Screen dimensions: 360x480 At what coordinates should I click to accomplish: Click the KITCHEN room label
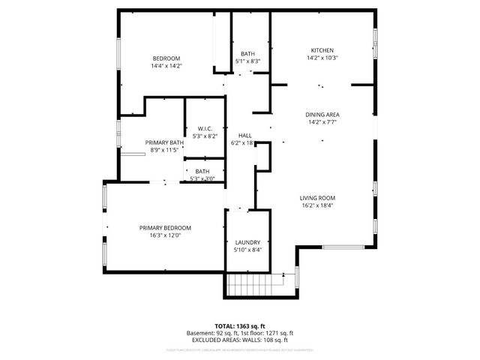coord(322,50)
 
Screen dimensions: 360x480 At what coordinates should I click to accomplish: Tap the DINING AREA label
coord(322,115)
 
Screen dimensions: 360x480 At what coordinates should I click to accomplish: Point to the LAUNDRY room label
coord(247,242)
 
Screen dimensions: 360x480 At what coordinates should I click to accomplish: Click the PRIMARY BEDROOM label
coord(165,228)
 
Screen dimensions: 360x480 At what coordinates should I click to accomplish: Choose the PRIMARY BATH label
coord(164,142)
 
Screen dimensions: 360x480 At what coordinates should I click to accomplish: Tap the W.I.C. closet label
coord(204,128)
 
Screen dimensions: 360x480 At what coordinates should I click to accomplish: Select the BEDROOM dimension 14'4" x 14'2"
coord(167,66)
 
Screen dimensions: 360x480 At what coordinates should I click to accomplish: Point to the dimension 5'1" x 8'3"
coord(247,61)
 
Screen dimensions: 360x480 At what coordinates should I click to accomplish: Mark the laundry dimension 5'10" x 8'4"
coord(247,250)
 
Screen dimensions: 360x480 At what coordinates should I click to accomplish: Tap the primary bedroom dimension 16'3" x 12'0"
coord(165,235)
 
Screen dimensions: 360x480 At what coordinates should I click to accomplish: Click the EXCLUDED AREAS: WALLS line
coord(240,340)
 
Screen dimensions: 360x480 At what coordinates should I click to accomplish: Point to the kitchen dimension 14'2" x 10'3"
coord(322,58)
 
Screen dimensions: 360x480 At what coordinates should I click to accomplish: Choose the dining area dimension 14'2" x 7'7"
coord(322,122)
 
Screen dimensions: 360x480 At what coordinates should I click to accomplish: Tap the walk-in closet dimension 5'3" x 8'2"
coord(204,136)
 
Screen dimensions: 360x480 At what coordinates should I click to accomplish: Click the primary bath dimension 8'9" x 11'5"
coord(164,150)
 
